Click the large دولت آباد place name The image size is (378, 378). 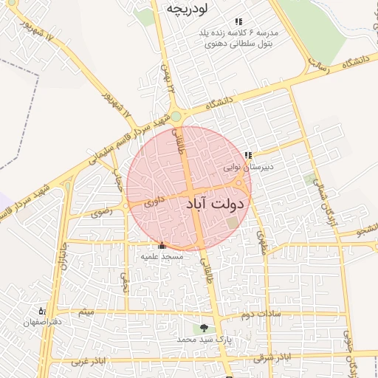[x=219, y=202]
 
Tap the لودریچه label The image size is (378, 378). [x=185, y=10]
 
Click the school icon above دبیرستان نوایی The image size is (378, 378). [x=248, y=155]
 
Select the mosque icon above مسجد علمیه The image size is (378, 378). [x=162, y=245]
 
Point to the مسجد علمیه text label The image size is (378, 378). [x=162, y=256]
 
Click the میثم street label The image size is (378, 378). [x=87, y=312]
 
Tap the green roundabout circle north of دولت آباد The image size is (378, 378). [x=176, y=117]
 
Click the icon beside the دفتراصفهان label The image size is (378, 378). [x=42, y=312]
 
